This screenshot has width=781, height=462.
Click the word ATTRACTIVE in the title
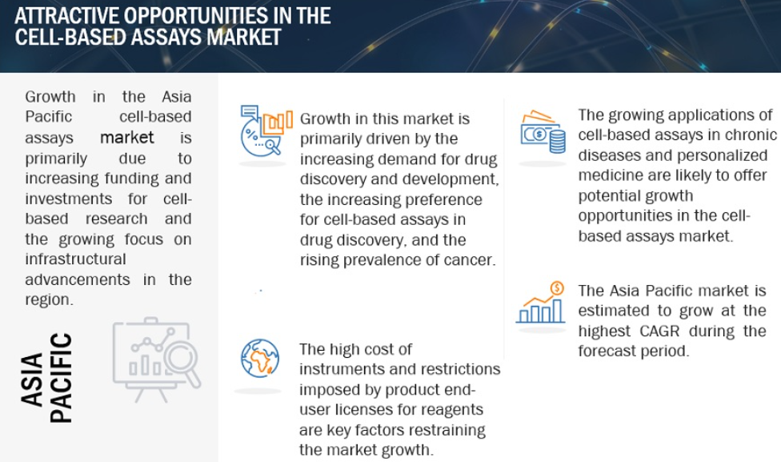(x=66, y=16)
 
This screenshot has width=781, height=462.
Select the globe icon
(x=259, y=359)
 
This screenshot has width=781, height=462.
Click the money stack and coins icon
(x=543, y=131)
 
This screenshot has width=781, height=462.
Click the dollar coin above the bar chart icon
(x=558, y=288)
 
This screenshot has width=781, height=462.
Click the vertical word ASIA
(x=32, y=380)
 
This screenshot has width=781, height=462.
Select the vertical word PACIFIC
(x=62, y=378)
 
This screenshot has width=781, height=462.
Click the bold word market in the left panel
(x=127, y=137)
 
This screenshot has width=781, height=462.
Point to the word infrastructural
(x=76, y=259)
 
